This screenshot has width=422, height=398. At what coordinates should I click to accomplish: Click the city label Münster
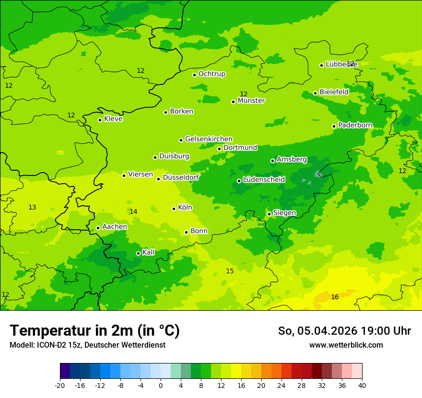tap(251, 101)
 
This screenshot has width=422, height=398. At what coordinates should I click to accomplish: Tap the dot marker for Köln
tap(174, 209)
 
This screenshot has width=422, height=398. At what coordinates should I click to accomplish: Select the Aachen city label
tap(115, 227)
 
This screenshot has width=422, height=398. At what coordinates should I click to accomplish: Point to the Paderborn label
tap(355, 125)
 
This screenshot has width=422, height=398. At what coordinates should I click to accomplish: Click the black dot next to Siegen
tap(269, 214)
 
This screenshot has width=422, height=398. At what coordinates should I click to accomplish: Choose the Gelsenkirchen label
tap(209, 139)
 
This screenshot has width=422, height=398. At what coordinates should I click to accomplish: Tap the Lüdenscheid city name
tap(264, 180)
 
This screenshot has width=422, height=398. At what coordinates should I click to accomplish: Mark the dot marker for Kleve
tap(100, 120)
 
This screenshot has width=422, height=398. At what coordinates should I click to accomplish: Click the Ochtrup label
tap(211, 74)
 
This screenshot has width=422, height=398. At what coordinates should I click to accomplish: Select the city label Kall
tap(149, 252)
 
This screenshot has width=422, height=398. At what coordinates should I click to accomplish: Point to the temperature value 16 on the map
tap(335, 297)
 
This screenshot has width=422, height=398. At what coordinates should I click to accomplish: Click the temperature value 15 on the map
tap(230, 271)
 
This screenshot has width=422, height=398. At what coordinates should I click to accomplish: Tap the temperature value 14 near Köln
tap(133, 211)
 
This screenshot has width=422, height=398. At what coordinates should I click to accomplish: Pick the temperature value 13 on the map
tap(32, 208)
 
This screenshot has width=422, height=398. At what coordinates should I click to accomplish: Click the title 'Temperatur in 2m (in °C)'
tap(94, 330)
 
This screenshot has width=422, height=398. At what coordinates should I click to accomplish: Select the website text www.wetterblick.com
tap(346, 345)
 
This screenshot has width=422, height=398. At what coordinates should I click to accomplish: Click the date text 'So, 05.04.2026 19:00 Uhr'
tap(344, 331)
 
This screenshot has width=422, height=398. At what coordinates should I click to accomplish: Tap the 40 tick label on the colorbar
tap(362, 385)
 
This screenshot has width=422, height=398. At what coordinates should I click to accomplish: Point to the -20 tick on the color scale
tap(60, 385)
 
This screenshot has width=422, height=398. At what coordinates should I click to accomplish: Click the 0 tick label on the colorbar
tap(161, 385)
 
